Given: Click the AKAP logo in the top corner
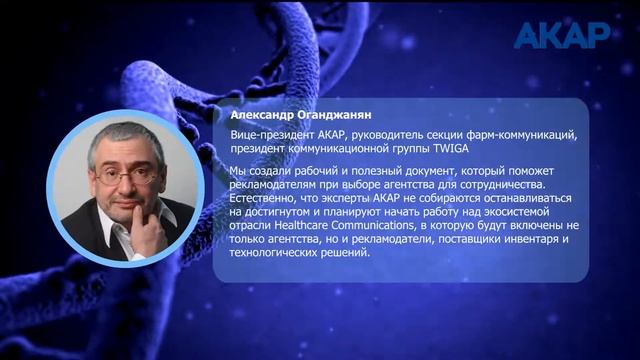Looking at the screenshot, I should [x=561, y=35].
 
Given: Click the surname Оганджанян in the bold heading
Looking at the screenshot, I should [x=335, y=114].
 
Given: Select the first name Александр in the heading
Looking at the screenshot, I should [x=262, y=114].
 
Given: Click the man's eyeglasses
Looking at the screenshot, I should [x=124, y=176].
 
